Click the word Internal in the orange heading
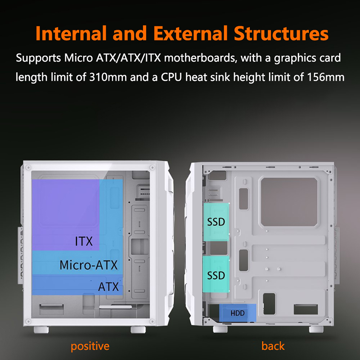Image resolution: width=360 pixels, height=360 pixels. pos(71,33)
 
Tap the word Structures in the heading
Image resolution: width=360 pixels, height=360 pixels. pos(281,33)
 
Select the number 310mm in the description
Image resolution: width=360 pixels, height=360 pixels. pos(108,77)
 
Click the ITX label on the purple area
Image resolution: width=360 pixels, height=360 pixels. pos(84,241)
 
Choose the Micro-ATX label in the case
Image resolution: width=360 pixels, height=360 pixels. pos(89,265)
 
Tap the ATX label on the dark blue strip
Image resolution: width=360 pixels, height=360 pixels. pos(108,287)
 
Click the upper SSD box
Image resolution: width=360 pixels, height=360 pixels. pos(216,222)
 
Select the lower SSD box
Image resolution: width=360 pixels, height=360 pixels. pos(216,274)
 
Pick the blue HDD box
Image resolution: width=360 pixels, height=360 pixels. pos(238,313)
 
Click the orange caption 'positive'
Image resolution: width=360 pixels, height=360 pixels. pos(90,346)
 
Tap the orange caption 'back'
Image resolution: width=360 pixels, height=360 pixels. pos(273,346)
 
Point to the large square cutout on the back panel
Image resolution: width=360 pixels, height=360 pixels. pos(289,202)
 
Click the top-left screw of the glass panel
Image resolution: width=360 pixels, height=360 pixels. pos(28,167)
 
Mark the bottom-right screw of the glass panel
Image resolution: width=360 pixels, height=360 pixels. pos(152,321)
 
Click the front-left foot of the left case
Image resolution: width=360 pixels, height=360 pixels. pos(41,329)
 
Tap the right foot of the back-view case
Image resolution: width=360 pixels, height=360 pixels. pos(316,329)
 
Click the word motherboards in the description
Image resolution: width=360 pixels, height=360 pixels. pos(200,58)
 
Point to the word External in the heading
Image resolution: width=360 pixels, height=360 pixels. pos(190,33)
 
